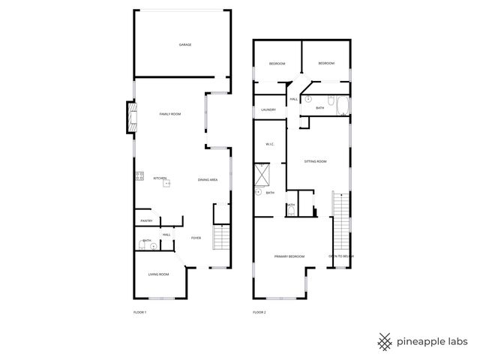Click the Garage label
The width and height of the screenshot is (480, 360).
(x=184, y=45)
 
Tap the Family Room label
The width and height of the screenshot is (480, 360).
(x=170, y=114)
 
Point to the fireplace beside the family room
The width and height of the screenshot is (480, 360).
(x=131, y=117)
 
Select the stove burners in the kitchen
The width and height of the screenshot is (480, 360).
(x=139, y=177)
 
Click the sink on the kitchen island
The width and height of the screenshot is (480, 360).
(x=169, y=181)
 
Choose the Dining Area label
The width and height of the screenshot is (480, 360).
(x=208, y=180)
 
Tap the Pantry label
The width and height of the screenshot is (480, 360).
(x=147, y=220)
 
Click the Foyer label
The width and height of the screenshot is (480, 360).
(x=196, y=238)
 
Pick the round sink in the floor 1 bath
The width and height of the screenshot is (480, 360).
(x=154, y=245)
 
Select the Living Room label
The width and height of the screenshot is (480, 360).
(x=158, y=274)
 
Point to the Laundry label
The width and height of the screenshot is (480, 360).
(x=268, y=110)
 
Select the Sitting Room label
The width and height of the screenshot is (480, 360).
(x=315, y=161)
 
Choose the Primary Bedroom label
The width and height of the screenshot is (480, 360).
(x=289, y=256)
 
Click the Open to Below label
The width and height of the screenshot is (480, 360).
(x=340, y=256)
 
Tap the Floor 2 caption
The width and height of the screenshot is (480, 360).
(x=259, y=311)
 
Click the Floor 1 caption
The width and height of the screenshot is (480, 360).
(x=139, y=311)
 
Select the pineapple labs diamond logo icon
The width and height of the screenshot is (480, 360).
(x=385, y=341)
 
